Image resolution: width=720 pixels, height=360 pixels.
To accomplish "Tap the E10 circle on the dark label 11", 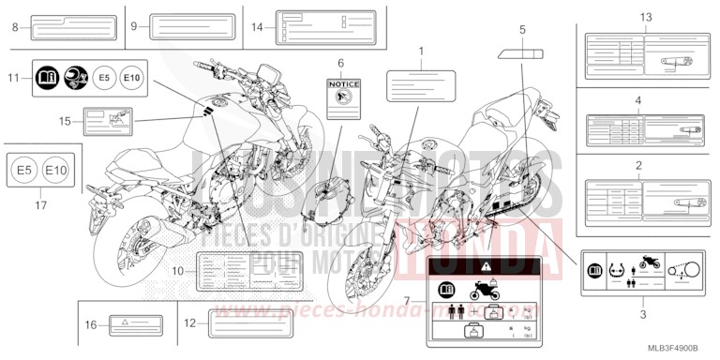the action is click(132, 80).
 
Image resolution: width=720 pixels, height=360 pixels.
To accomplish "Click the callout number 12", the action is click(190, 322).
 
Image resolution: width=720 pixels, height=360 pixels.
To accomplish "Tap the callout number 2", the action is click(638, 165).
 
